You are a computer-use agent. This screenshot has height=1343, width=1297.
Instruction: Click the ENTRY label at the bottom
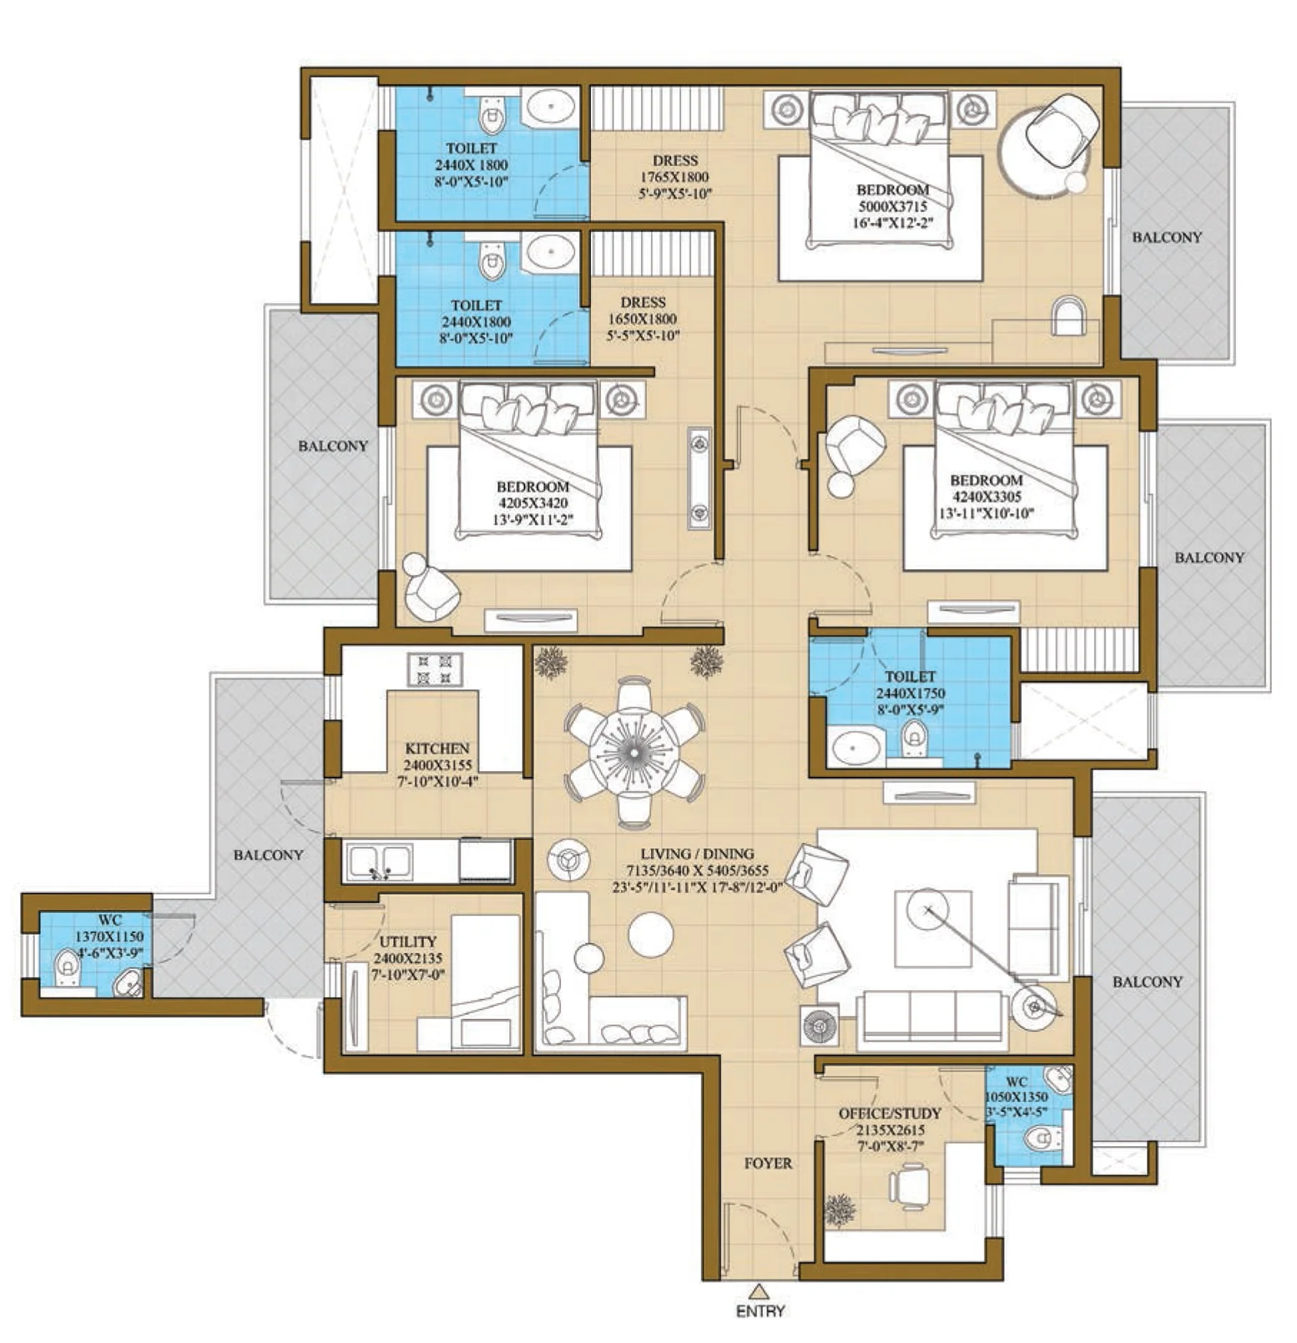tap(760, 1310)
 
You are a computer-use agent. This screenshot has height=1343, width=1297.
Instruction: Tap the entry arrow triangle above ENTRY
tap(758, 1291)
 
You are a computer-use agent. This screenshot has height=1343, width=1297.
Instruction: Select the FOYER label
tap(768, 1163)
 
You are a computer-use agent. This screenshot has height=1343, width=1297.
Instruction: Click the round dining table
tap(634, 753)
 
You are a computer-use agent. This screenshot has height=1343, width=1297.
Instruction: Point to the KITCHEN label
tap(437, 749)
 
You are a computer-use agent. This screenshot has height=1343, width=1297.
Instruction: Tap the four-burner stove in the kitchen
tap(435, 669)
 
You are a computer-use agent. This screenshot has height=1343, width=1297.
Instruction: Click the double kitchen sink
tap(380, 862)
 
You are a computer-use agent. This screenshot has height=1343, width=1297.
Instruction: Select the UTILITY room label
tap(408, 942)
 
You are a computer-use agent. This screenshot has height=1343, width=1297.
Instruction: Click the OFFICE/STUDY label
tap(890, 1113)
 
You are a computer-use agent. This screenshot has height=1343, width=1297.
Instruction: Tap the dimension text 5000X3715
tap(892, 206)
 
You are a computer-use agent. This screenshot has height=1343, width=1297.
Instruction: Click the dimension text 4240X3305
tap(987, 497)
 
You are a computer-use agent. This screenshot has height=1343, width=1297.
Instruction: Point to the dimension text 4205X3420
tap(532, 503)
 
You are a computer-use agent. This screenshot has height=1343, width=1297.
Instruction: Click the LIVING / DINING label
tap(697, 854)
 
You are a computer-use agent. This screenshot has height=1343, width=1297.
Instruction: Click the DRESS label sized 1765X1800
tap(675, 160)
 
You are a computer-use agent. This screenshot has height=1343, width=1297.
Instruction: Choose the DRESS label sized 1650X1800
tap(643, 302)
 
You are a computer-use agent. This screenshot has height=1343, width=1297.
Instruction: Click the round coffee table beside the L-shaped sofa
tap(651, 934)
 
